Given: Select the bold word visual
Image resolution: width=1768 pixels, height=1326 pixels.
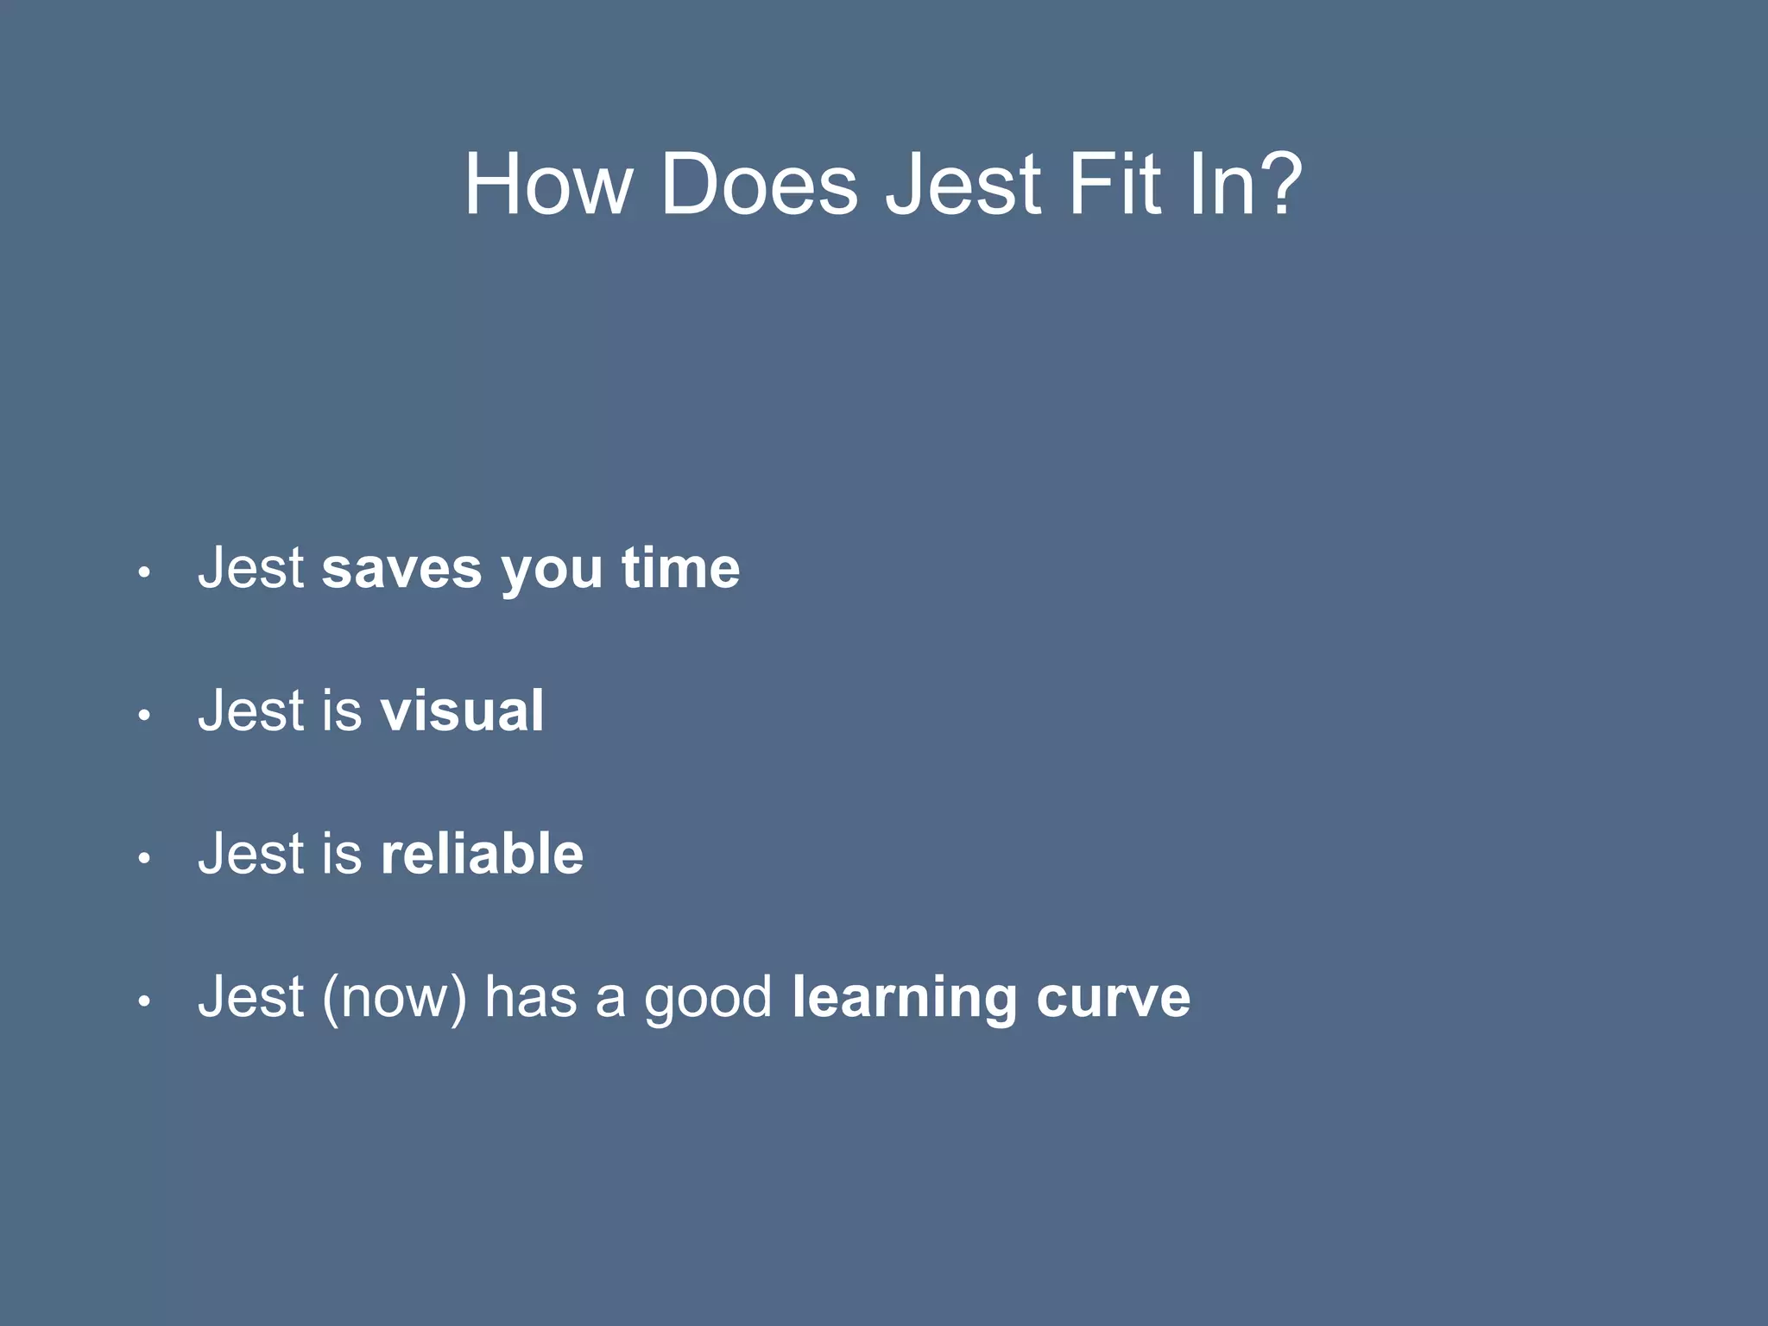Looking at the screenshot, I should point(462,711).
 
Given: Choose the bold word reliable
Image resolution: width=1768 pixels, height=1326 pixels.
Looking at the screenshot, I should point(482,854).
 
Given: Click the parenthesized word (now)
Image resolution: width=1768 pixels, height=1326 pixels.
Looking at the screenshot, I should point(395,998).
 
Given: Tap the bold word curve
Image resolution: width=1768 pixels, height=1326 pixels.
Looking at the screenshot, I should point(1113,998).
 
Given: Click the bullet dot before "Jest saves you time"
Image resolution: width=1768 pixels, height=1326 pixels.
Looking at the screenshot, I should point(144,572).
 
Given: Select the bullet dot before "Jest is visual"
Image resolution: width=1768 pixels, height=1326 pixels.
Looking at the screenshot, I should point(144,715).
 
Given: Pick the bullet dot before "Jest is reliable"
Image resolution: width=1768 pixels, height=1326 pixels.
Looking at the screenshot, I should point(144,858).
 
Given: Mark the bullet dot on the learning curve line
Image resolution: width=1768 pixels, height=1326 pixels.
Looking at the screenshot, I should point(144,1001).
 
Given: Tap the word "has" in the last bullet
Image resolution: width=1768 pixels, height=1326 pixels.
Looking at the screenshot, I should point(530,997).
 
